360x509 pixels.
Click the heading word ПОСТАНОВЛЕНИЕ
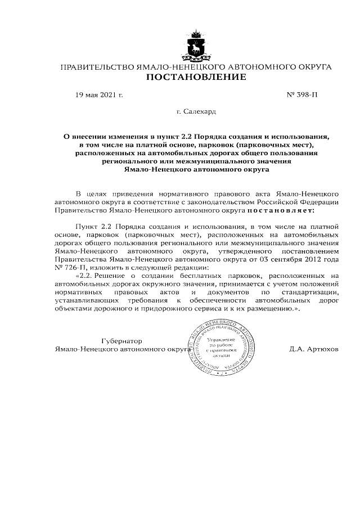pos(196,77)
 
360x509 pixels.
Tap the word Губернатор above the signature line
pos(121,341)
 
